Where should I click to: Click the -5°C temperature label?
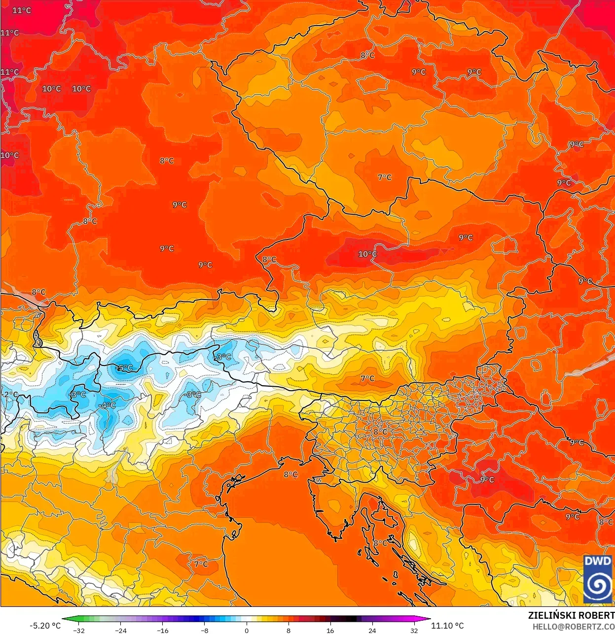point(124,367)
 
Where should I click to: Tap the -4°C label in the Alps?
point(107,405)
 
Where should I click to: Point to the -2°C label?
point(10,394)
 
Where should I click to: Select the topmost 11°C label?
point(22,10)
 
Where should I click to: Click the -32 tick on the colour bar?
point(78,630)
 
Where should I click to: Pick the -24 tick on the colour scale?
point(120,630)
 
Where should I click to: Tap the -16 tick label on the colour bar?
point(162,630)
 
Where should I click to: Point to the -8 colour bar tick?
point(205,630)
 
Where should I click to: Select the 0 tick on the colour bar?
point(247,630)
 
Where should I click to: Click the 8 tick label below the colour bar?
point(289,630)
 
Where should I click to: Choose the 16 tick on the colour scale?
point(330,630)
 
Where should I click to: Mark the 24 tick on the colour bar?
point(372,630)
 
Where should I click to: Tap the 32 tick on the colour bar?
point(414,630)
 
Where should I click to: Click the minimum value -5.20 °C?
point(45,626)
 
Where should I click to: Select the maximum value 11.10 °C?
point(447,626)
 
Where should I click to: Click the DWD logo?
point(598,579)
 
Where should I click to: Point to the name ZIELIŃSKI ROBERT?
point(571,615)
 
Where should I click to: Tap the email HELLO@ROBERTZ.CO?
point(573,627)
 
